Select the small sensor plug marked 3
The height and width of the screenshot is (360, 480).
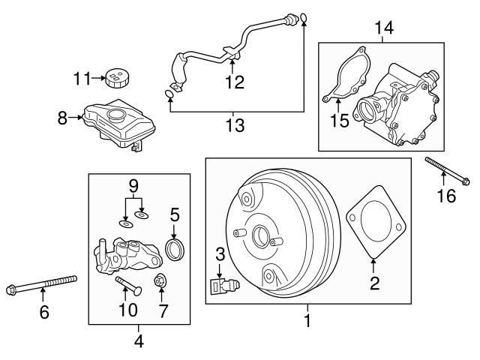click(x=223, y=285)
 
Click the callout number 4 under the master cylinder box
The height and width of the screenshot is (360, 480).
click(x=139, y=342)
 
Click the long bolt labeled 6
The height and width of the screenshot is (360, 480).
click(x=43, y=284)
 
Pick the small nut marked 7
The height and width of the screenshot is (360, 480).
click(x=160, y=282)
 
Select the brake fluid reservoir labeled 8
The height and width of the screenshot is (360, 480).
click(x=112, y=123)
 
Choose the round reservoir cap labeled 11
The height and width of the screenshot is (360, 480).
click(x=116, y=77)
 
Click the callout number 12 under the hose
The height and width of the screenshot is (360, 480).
click(x=235, y=81)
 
